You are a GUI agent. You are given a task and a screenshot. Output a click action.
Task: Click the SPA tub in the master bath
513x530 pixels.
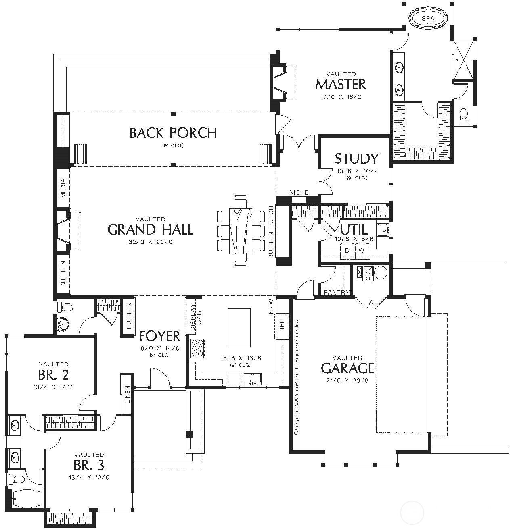coord(428,19)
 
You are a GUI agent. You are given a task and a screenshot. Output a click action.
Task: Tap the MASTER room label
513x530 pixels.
coord(341,85)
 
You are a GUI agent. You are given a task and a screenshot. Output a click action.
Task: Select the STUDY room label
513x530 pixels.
coord(357,158)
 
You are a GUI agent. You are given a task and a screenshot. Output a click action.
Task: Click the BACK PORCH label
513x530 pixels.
coord(173,133)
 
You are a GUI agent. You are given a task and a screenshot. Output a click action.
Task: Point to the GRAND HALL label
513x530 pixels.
coord(150,230)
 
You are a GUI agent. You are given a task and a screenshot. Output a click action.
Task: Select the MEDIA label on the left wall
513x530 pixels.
coord(63,188)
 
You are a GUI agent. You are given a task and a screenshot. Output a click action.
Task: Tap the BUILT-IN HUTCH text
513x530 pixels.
coord(271,232)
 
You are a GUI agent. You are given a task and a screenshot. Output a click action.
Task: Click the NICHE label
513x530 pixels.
coord(299,193)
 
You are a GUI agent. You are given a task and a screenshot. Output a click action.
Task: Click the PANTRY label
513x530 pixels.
coord(336,293)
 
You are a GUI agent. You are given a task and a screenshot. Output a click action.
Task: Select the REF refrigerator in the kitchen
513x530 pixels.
coord(282,326)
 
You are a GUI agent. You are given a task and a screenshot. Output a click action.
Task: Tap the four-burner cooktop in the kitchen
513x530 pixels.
coord(197,348)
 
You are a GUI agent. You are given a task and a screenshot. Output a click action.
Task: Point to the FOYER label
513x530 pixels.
coord(159,336)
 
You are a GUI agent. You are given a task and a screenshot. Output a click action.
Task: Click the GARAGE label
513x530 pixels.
coord(347,368)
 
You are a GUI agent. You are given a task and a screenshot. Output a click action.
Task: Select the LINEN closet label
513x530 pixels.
coord(128,395)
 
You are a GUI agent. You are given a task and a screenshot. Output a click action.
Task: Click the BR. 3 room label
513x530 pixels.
coord(89,466)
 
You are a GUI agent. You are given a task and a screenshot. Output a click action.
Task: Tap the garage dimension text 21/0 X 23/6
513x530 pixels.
coord(347,380)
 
